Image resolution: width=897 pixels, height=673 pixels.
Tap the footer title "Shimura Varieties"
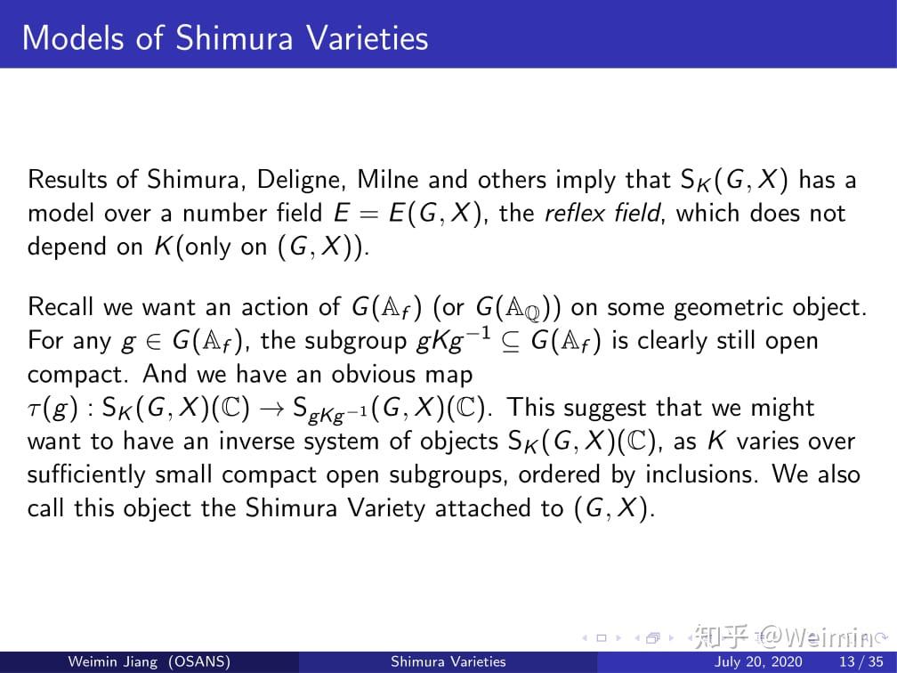click(x=448, y=661)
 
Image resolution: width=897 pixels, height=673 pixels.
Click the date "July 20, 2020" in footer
click(x=758, y=661)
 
